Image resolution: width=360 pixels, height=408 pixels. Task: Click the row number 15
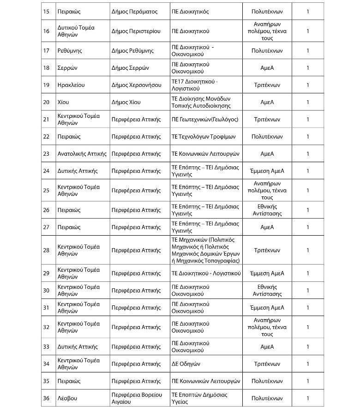46,12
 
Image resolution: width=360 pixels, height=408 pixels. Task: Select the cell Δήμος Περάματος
134,12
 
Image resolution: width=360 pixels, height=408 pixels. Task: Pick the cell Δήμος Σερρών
130,67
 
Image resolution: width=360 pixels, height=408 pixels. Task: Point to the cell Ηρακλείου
71,85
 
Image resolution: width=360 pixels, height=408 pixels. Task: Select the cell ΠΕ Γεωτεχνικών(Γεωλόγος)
205,119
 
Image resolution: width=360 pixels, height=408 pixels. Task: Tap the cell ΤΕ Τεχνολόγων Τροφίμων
204,137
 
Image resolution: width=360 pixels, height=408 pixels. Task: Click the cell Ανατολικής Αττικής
82,154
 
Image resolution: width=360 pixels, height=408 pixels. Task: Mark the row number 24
46,171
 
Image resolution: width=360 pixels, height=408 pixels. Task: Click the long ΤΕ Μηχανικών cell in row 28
206,250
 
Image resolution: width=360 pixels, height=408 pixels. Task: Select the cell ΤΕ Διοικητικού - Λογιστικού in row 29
206,274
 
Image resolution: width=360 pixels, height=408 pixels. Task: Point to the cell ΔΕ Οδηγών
186,364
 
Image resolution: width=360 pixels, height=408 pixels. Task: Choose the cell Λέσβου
67,398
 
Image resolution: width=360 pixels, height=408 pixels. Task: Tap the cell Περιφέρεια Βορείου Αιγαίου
137,398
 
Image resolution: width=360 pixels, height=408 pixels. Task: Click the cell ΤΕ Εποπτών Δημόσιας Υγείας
199,398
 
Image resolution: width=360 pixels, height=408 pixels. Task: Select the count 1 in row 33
308,347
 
